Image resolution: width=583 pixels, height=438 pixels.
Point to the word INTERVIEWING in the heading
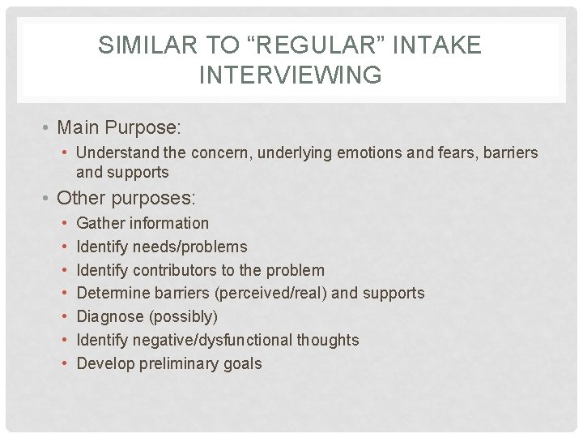pos(290,75)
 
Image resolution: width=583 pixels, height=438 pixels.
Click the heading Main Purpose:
pos(120,128)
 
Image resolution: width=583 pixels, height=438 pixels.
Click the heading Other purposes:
pos(127,198)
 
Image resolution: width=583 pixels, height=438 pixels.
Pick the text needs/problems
pos(190,247)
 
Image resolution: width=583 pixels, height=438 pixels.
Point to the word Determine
pos(110,293)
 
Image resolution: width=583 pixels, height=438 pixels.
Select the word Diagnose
pos(107,316)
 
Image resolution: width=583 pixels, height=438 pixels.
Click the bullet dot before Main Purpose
pos(49,128)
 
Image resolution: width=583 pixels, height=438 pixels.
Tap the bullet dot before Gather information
pos(64,223)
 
